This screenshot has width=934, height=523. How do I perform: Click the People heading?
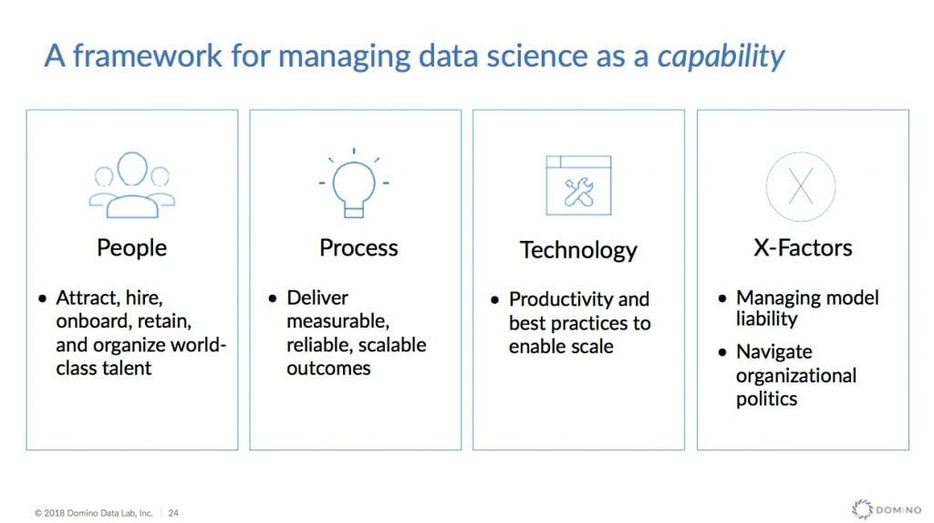(x=131, y=248)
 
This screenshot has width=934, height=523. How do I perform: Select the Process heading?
(x=358, y=248)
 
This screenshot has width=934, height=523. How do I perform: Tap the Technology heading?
(x=578, y=250)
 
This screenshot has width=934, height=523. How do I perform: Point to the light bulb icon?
(x=354, y=183)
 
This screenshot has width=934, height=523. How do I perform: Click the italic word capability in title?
(x=721, y=57)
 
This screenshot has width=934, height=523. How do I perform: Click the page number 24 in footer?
(x=173, y=512)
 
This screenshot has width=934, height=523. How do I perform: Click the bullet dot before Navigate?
(x=722, y=352)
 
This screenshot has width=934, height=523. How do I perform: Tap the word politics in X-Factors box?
(x=766, y=400)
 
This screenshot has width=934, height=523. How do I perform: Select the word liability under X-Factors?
(x=766, y=319)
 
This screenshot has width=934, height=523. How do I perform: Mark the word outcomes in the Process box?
(x=328, y=369)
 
